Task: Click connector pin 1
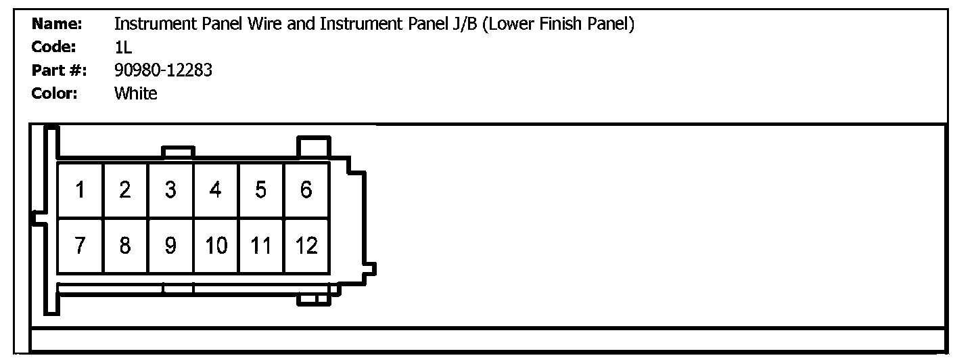80,190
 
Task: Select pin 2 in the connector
125,190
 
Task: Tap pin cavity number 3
170,190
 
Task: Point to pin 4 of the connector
216,190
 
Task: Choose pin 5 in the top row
261,190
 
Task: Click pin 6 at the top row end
306,190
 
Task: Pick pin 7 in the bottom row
80,246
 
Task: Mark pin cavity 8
125,246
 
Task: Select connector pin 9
170,246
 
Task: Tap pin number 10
216,246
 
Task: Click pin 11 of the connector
261,246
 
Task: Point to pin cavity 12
306,246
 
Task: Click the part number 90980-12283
163,70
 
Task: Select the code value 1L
123,47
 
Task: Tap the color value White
135,93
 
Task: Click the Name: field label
57,24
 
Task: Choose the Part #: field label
59,70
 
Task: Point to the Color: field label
55,93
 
